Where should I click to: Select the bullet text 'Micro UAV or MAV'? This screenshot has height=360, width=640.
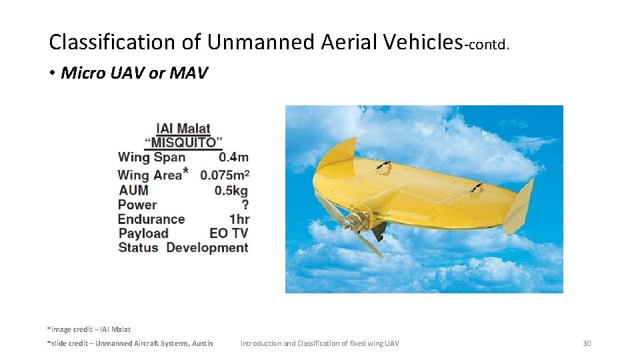pyautogui.click(x=134, y=73)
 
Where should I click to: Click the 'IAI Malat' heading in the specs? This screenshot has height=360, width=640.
pyautogui.click(x=183, y=129)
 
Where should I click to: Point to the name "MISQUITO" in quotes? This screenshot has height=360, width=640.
pyautogui.click(x=183, y=143)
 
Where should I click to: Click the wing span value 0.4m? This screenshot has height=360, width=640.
pyautogui.click(x=233, y=158)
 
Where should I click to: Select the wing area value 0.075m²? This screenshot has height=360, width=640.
pyautogui.click(x=225, y=175)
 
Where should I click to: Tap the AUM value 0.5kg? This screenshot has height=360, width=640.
pyautogui.click(x=231, y=190)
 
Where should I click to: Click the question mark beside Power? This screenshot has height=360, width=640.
pyautogui.click(x=245, y=205)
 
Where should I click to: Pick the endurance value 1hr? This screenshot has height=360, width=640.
pyautogui.click(x=239, y=219)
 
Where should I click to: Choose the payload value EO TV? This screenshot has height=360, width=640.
pyautogui.click(x=229, y=233)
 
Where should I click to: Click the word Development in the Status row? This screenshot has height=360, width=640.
pyautogui.click(x=207, y=248)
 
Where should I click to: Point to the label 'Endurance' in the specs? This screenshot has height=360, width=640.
pyautogui.click(x=151, y=219)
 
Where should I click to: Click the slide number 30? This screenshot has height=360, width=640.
pyautogui.click(x=587, y=343)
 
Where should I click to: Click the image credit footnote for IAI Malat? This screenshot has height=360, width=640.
pyautogui.click(x=89, y=329)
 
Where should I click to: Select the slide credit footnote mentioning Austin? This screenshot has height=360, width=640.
pyautogui.click(x=130, y=343)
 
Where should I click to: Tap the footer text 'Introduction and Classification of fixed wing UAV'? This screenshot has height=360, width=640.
pyautogui.click(x=320, y=343)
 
